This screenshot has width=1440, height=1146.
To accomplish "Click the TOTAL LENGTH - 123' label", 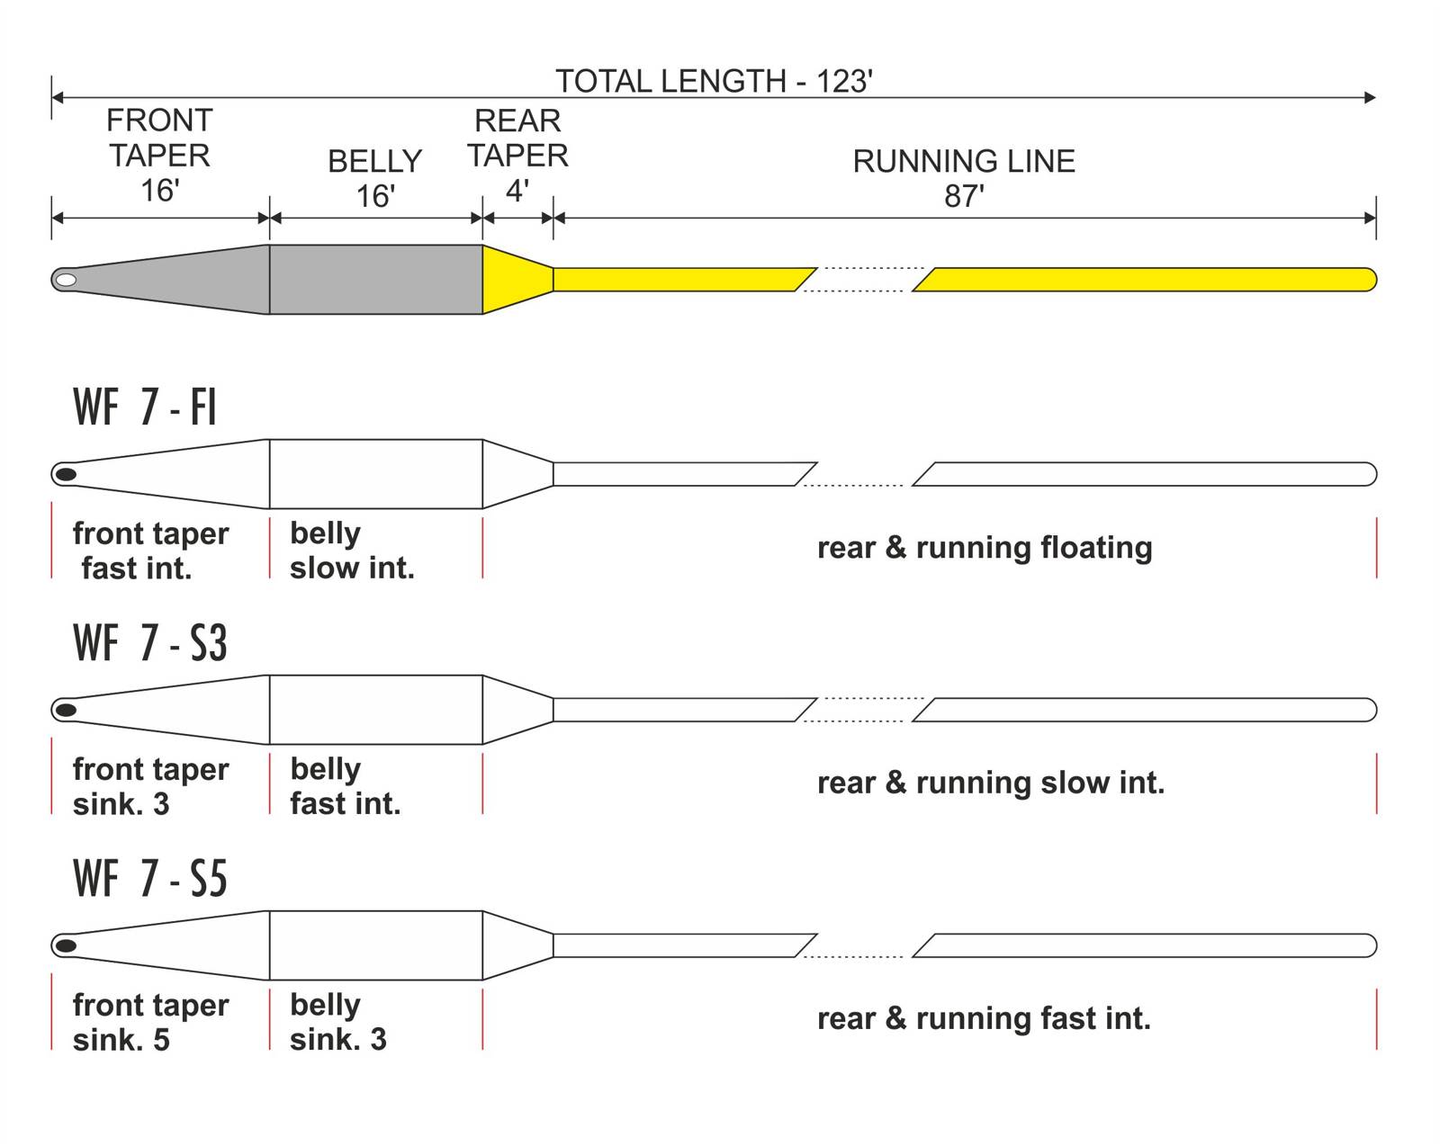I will click(714, 81).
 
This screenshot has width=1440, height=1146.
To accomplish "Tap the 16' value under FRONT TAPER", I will click(159, 191).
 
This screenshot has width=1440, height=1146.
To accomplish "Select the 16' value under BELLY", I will click(375, 196).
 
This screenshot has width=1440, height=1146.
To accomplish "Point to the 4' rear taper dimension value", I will click(517, 191).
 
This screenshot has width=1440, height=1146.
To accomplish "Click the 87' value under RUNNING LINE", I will click(964, 196).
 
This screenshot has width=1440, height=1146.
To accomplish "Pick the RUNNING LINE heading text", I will click(964, 162).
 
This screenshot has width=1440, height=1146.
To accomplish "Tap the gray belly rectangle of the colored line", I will click(375, 279).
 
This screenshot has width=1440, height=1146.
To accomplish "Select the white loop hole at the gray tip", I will click(66, 280).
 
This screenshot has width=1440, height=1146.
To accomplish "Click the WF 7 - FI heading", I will click(145, 407).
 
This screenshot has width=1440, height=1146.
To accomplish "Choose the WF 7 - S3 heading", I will click(149, 643).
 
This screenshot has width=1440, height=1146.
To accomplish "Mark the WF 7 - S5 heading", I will click(149, 879).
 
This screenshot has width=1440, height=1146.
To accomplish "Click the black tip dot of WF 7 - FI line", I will click(65, 474).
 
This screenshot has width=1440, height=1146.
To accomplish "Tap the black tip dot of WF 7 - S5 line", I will click(65, 945).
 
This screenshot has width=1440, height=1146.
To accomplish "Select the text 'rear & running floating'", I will click(985, 548).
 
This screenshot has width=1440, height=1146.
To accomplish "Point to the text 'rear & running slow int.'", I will click(990, 783).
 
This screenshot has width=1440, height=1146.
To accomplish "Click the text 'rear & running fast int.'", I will click(984, 1019).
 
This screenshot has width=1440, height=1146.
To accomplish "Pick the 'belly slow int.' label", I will click(352, 551).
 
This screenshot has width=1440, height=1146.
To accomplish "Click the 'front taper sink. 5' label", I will click(150, 1022).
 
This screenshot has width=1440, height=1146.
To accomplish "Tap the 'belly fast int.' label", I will click(345, 786).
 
